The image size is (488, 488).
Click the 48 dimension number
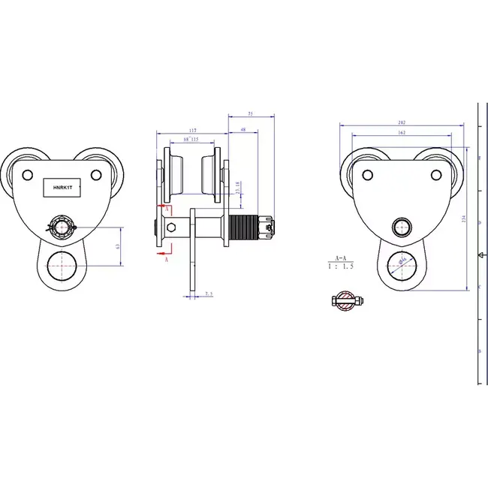(x=242, y=130)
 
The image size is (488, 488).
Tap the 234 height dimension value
(x=465, y=219)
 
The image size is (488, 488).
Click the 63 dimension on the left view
(x=118, y=245)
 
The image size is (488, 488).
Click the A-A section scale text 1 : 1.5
(x=342, y=265)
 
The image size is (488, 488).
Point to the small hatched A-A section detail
(x=347, y=301)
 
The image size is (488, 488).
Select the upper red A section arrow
(x=162, y=204)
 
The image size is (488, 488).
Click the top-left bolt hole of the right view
(x=367, y=175)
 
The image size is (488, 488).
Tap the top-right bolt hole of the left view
(x=96, y=175)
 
